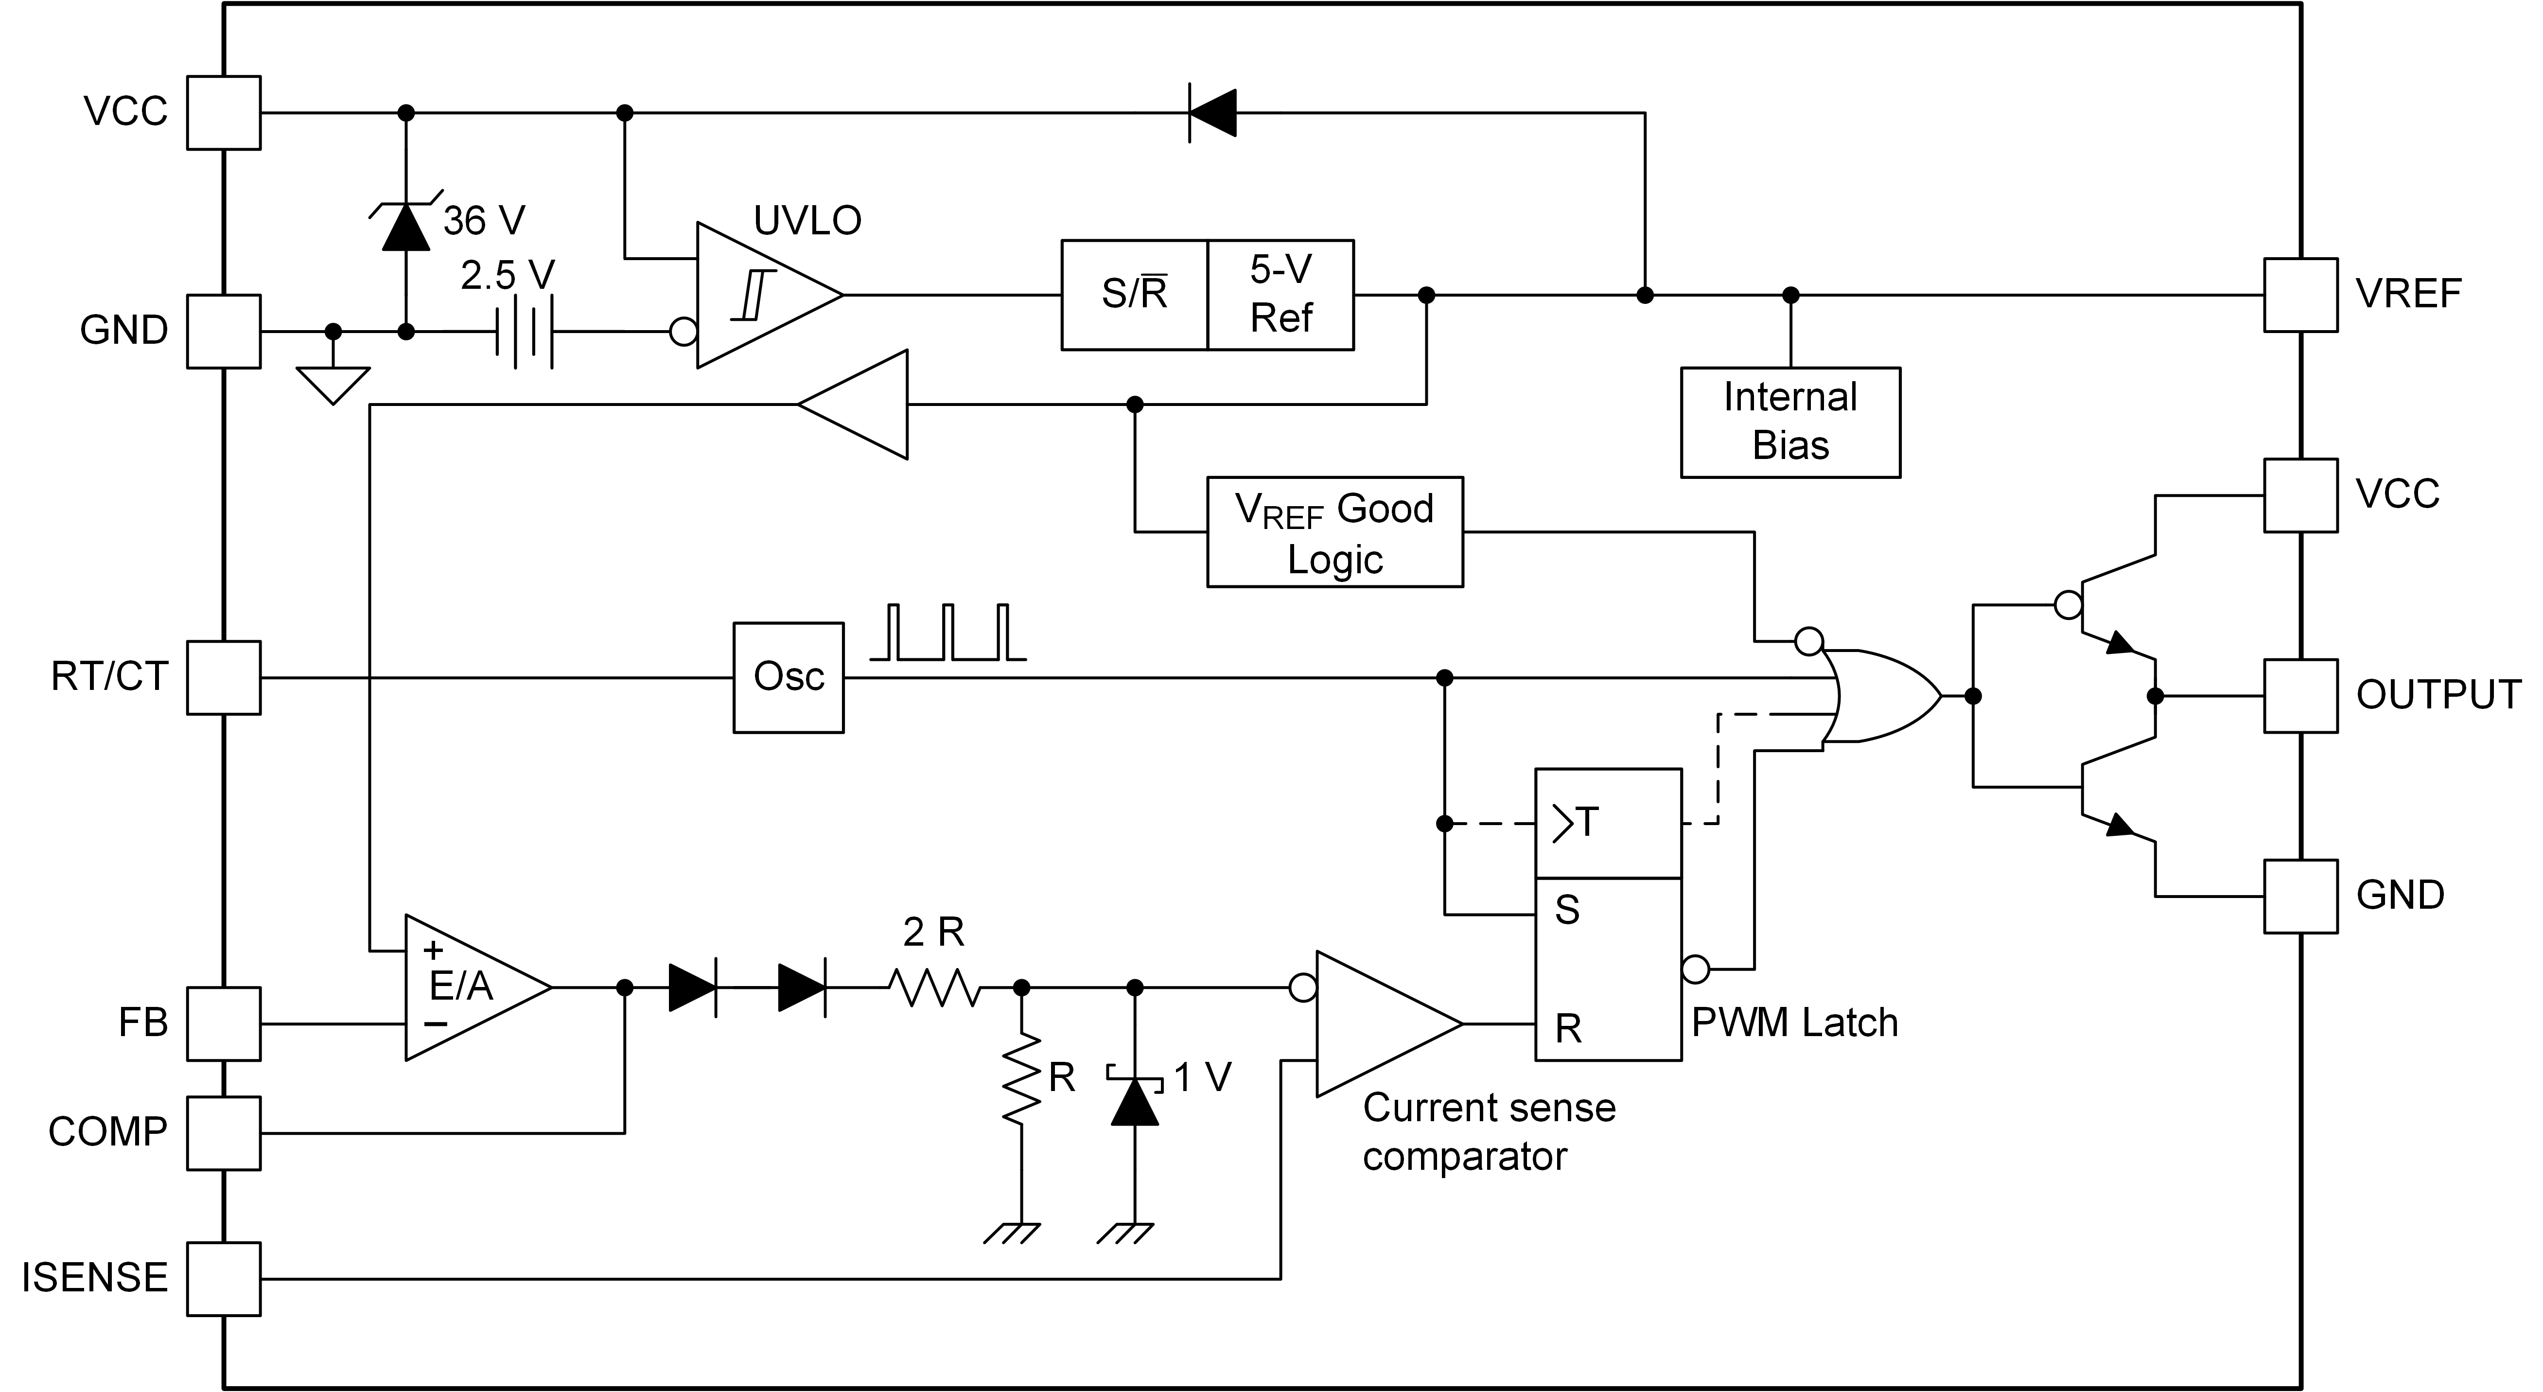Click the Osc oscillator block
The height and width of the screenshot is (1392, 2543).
(788, 677)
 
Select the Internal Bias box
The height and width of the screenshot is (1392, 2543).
(1790, 423)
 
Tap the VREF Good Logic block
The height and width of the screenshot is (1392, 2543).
(1333, 532)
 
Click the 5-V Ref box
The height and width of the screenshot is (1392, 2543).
(1280, 294)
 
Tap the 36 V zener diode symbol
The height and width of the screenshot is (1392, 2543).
(406, 227)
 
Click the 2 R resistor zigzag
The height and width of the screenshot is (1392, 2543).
(934, 987)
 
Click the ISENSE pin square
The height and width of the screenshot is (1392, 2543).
(224, 1278)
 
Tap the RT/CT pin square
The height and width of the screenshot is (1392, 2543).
(224, 677)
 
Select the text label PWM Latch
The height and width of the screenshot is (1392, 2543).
(1794, 1023)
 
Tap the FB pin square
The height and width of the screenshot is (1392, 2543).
(224, 1024)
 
